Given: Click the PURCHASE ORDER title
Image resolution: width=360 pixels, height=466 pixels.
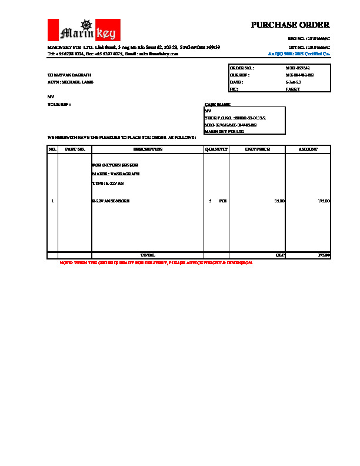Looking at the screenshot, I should pos(290,25).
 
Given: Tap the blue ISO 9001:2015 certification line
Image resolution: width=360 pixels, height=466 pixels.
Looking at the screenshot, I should pos(299,54).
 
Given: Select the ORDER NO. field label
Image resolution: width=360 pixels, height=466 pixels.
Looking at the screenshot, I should pos(242,69).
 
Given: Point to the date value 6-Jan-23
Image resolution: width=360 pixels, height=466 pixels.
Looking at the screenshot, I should pos(293,82).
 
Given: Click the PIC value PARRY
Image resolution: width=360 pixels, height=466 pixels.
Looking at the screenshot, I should pos(292,89).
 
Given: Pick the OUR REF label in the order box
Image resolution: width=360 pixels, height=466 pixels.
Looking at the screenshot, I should pos(239,75).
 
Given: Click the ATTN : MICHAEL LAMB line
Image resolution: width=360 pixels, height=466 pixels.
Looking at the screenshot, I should pos(70,82).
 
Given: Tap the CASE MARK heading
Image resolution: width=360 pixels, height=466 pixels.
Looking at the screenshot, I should pos(212,104).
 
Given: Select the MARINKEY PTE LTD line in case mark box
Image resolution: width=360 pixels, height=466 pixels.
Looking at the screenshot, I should pos(224,131).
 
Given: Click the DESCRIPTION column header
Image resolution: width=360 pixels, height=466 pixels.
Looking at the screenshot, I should pos(147,150).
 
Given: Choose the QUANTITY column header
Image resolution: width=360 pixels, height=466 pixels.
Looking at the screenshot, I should pos(216,150).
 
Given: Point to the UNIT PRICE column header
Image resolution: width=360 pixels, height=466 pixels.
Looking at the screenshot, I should pos(257,150).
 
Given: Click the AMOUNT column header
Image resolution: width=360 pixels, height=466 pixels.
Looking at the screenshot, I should pos(308,150).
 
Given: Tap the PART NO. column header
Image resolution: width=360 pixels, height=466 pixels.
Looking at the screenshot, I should pos(75,150).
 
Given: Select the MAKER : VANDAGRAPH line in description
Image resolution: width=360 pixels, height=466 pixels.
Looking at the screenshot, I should pos(115,174).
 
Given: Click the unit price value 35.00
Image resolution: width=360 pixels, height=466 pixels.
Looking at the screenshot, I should pos(279,201).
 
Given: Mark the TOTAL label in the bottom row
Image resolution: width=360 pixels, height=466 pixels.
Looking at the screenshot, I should pos(147,255).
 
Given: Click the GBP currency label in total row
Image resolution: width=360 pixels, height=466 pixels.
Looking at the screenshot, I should pos(280,255).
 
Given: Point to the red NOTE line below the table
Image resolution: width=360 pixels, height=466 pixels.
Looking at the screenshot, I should pos(156,262).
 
